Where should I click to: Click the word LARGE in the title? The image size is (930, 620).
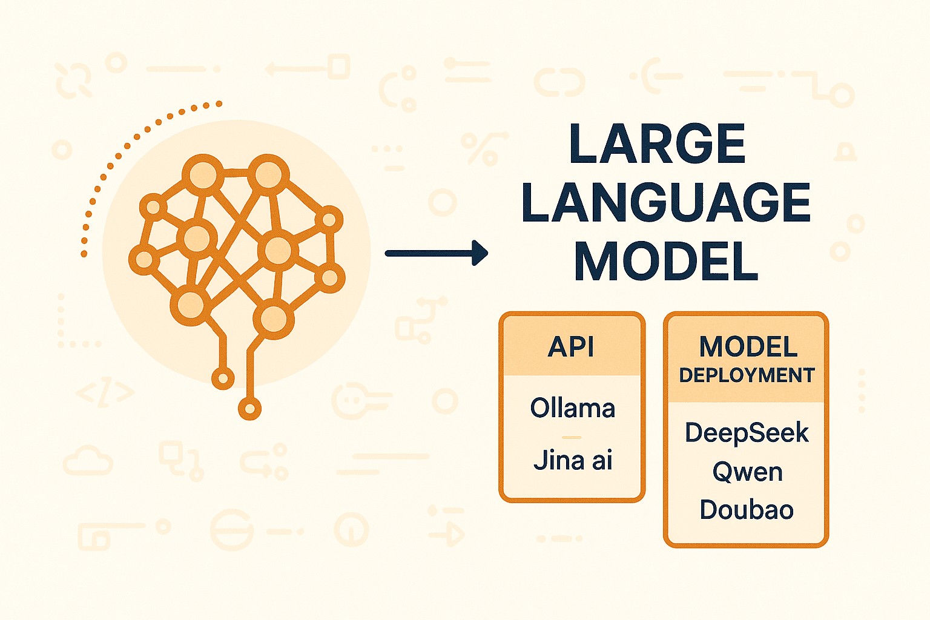click(657, 144)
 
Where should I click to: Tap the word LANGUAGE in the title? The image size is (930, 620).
click(665, 203)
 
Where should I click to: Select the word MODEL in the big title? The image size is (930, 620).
click(666, 262)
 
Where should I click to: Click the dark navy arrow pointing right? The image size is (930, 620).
click(436, 253)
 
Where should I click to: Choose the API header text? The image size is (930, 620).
click(571, 347)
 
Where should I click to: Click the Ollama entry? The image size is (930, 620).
click(572, 408)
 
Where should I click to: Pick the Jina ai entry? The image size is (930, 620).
click(573, 461)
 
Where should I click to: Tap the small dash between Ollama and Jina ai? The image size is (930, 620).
click(572, 437)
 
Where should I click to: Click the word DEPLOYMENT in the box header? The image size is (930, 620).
click(747, 375)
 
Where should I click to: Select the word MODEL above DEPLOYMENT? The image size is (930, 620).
click(748, 347)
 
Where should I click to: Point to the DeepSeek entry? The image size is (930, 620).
click(747, 433)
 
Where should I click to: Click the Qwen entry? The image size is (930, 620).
click(747, 472)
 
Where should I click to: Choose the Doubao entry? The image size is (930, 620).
click(747, 510)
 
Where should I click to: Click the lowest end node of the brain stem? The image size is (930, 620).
click(249, 408)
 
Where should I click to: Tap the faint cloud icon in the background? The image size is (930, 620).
click(88, 461)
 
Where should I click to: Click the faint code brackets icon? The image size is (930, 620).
click(105, 394)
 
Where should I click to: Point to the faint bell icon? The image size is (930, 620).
click(845, 152)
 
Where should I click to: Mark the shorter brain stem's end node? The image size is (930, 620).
click(223, 378)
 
